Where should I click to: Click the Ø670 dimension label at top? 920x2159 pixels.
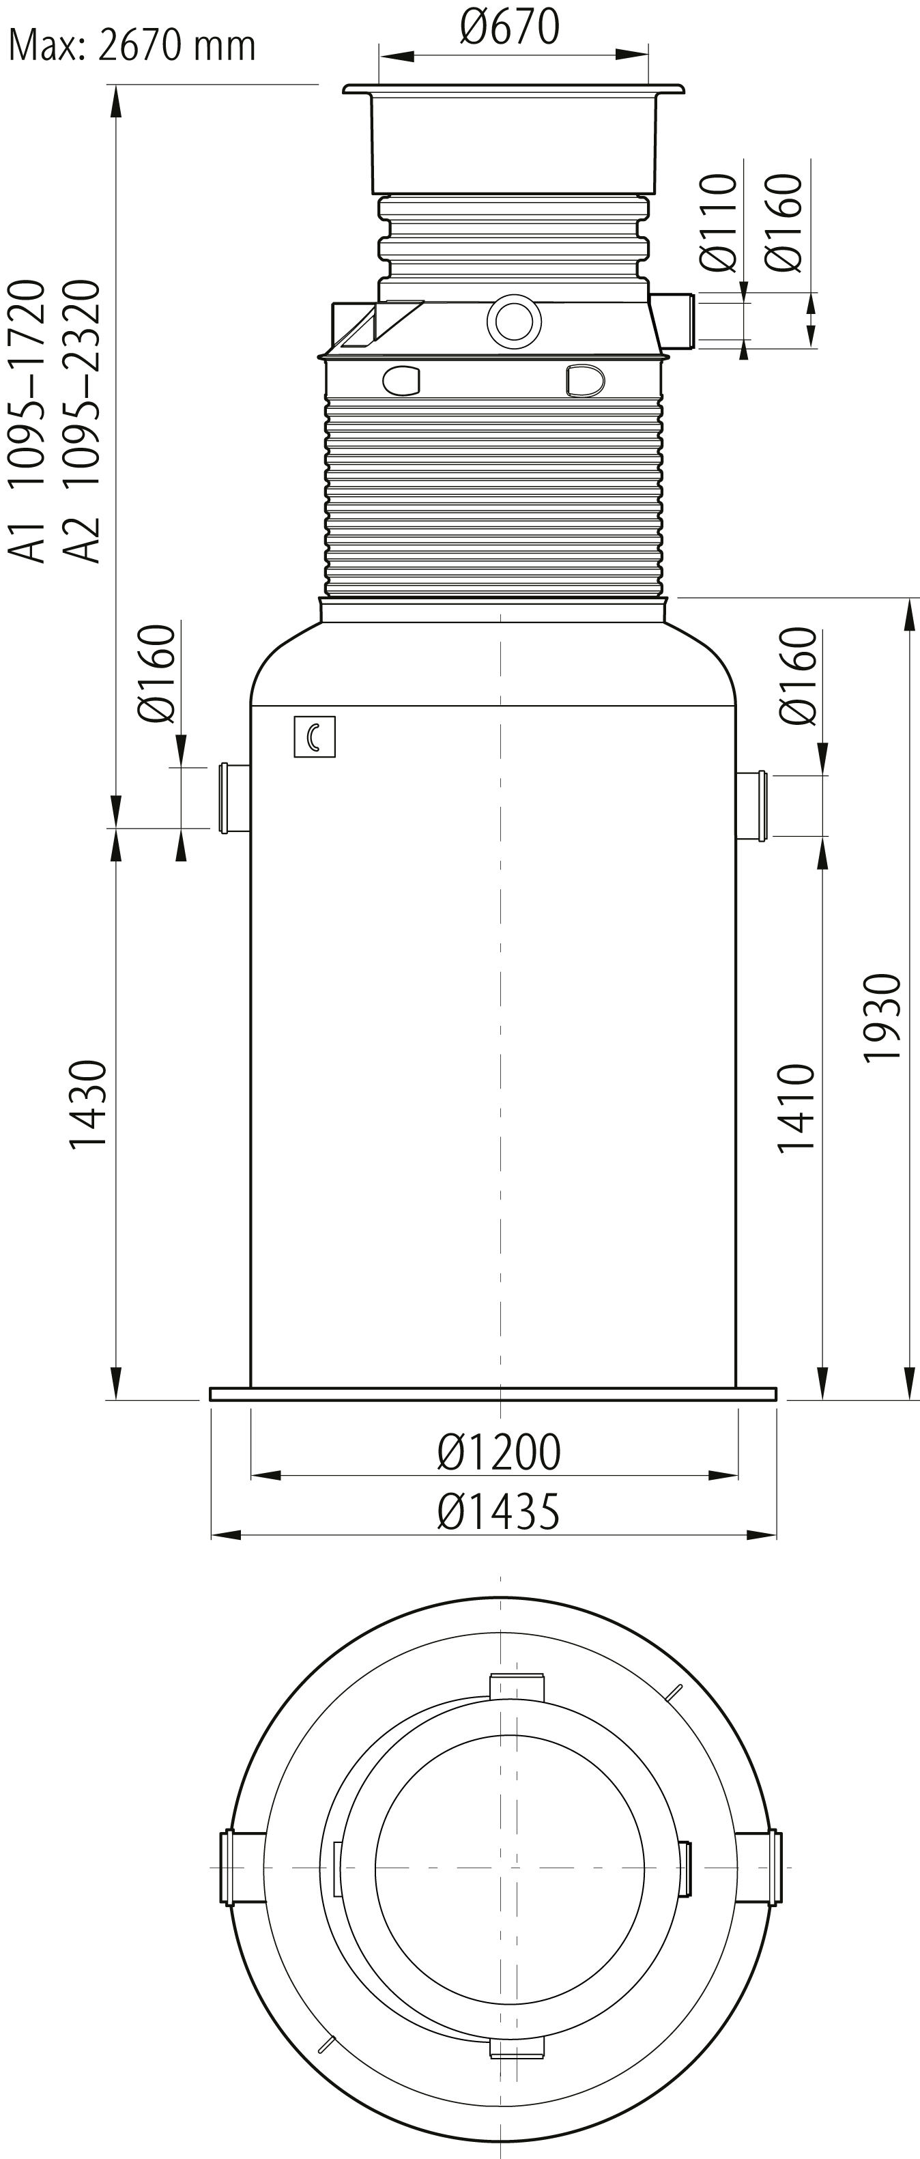pos(509,27)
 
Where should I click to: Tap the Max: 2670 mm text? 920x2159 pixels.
pos(132,44)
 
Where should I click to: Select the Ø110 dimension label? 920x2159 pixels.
pos(718,223)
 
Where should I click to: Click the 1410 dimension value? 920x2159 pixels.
pos(796,1108)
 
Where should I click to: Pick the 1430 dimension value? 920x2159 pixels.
pos(88,1104)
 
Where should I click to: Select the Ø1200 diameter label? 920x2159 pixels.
pos(498,1453)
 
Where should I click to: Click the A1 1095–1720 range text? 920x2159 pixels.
pos(26,420)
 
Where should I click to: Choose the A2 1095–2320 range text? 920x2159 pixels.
pos(82,420)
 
